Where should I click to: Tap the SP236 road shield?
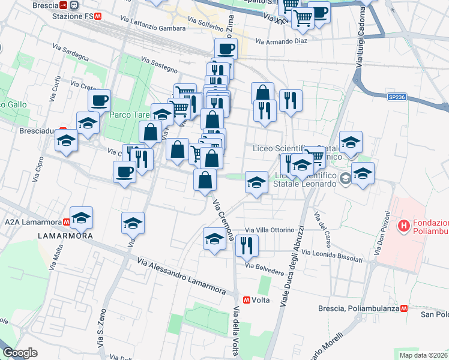[396, 97]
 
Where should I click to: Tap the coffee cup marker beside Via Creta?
[99, 100]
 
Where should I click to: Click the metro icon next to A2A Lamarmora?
[65, 221]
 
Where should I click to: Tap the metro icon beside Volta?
[247, 300]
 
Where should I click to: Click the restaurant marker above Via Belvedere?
[246, 245]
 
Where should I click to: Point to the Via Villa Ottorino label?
[270, 230]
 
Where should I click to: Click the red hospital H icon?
[404, 226]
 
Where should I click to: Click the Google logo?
[20, 353]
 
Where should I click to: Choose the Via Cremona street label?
[223, 217]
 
